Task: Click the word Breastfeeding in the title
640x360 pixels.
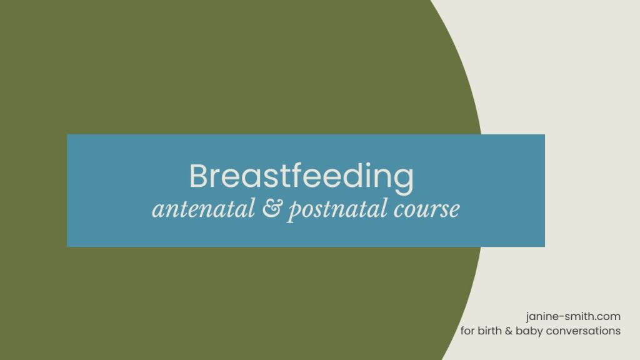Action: tap(301, 177)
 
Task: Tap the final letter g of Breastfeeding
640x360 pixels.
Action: tap(404, 180)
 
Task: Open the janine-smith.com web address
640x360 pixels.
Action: tap(574, 316)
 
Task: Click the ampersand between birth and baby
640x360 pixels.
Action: tap(509, 331)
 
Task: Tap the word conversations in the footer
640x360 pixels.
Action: tap(584, 331)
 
